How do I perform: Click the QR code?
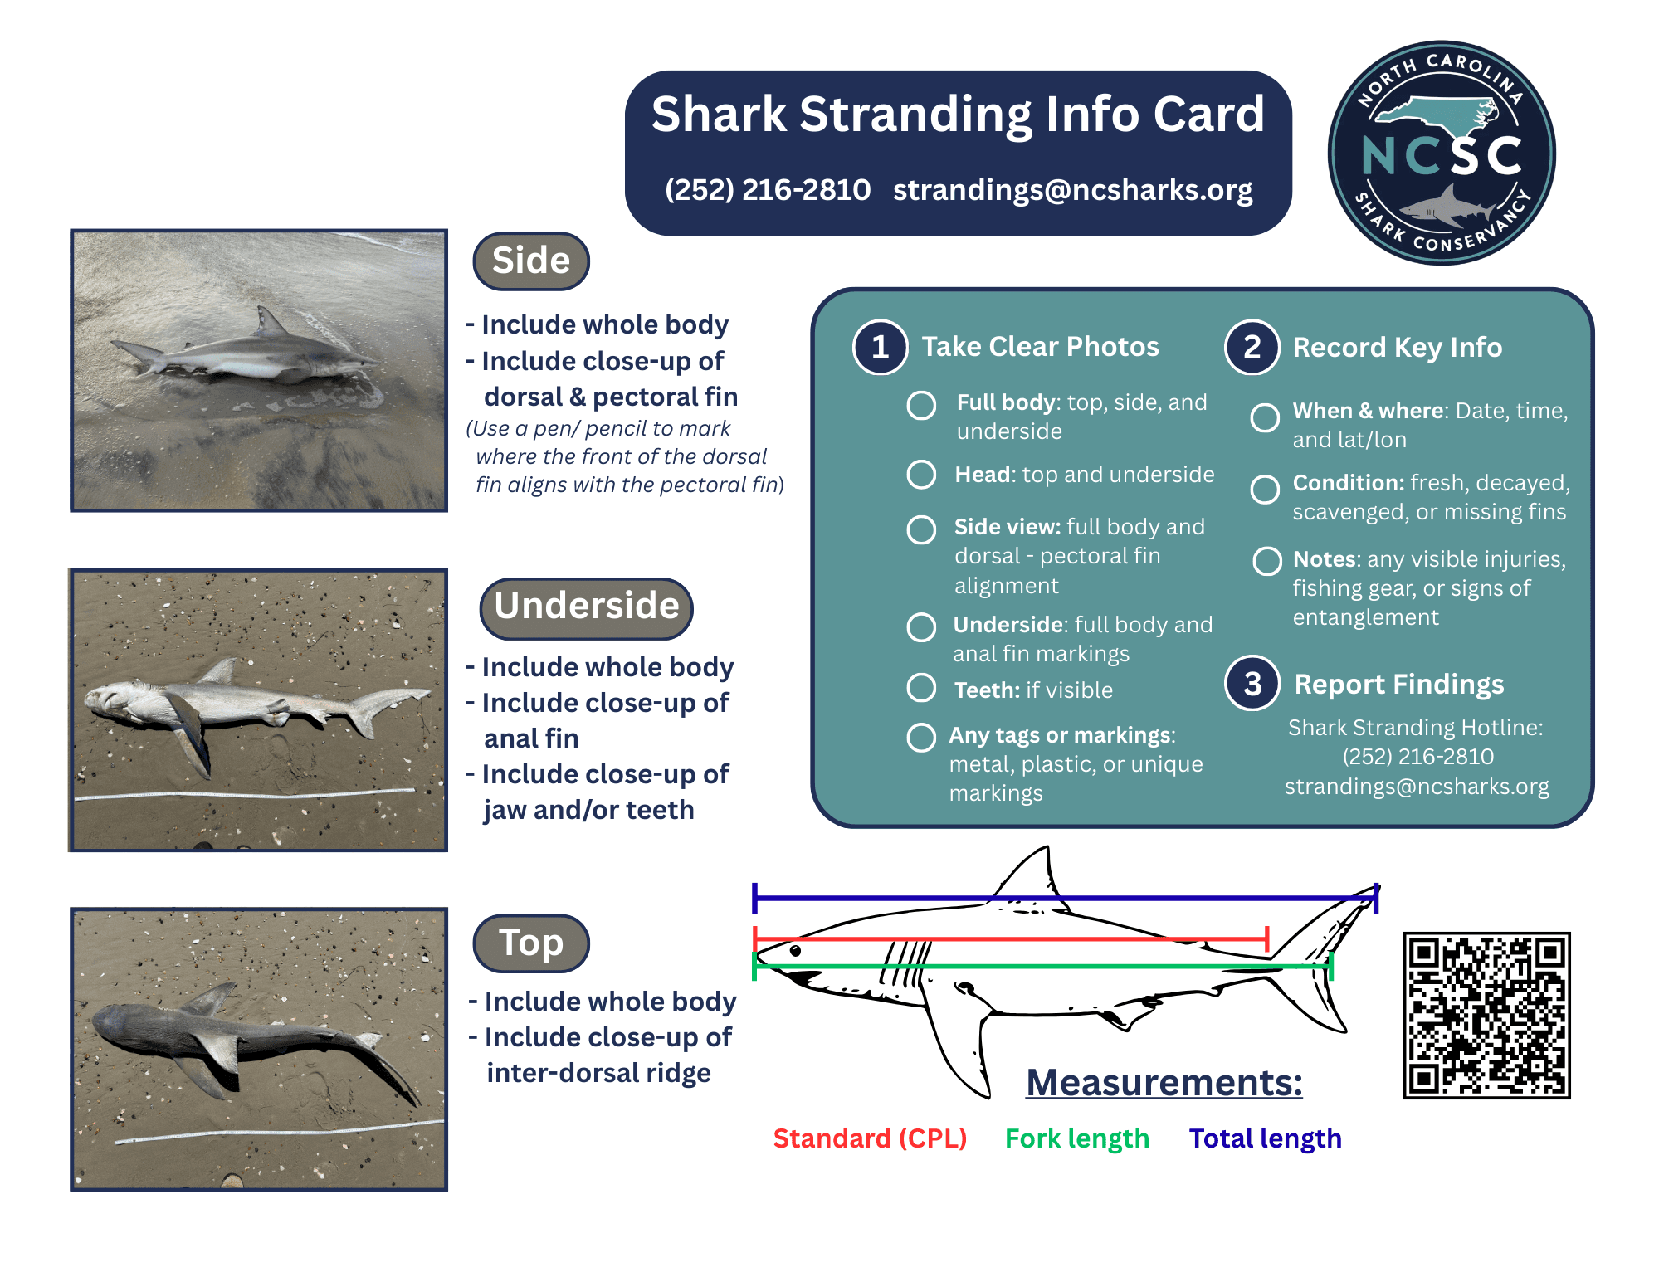tap(1486, 1015)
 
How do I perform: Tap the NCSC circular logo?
tap(1442, 154)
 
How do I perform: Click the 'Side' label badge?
tap(531, 261)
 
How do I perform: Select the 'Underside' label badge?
tap(587, 607)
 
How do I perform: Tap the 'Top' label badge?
tap(531, 943)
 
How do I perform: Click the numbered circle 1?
tap(880, 347)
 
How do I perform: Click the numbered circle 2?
tap(1252, 347)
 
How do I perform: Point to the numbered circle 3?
tap(1252, 684)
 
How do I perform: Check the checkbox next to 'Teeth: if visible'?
tap(921, 688)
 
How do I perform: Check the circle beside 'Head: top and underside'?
tap(921, 474)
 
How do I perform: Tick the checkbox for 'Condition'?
tap(1265, 489)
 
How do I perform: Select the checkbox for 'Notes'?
tap(1266, 561)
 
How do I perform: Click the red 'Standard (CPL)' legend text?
tap(870, 1138)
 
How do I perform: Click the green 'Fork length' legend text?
tap(1076, 1138)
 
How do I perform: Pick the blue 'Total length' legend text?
tap(1265, 1138)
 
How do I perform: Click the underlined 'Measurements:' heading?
tap(1164, 1083)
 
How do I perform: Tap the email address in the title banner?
tap(1072, 190)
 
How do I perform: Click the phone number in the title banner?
tap(768, 190)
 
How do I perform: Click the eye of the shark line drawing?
tap(795, 951)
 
